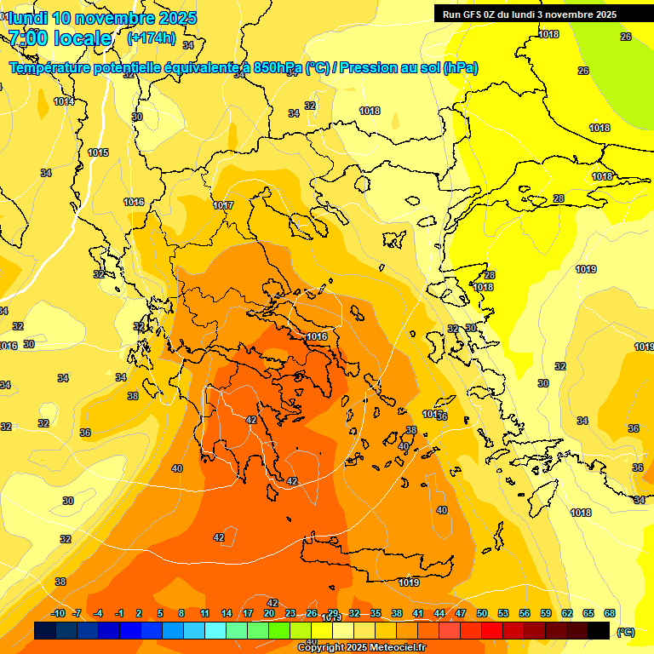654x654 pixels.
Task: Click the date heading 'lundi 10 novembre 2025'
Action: pyautogui.click(x=102, y=18)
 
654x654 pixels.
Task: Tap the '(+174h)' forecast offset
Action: pyautogui.click(x=152, y=37)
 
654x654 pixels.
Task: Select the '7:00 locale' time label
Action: pyautogui.click(x=60, y=38)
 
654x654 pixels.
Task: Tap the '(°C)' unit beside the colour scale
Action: pyautogui.click(x=625, y=632)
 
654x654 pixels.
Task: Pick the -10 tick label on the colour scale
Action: pyautogui.click(x=58, y=613)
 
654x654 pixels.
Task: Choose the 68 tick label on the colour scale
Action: pyautogui.click(x=610, y=613)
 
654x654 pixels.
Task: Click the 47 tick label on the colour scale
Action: pyautogui.click(x=461, y=613)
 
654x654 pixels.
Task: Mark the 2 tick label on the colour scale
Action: pyautogui.click(x=139, y=613)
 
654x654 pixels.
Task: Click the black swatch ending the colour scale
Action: pyautogui.click(x=599, y=630)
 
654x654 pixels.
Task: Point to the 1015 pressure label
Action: pyautogui.click(x=98, y=152)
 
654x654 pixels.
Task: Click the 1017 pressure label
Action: pyautogui.click(x=223, y=205)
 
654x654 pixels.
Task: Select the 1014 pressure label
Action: pyautogui.click(x=64, y=101)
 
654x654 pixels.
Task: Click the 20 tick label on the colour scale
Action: pyautogui.click(x=269, y=613)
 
